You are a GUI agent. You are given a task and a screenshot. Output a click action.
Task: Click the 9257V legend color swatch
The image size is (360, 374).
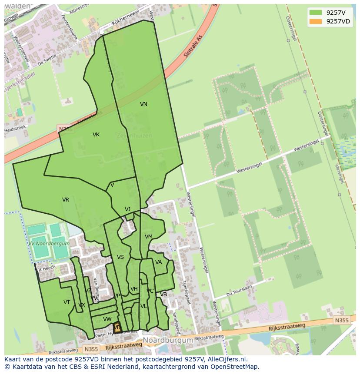click(316, 12)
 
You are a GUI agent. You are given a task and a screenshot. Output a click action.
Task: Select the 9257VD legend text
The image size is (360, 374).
click(338, 21)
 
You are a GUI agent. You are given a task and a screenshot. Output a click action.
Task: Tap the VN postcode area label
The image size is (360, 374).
click(143, 104)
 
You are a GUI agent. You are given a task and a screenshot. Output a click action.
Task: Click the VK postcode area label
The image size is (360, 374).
click(96, 135)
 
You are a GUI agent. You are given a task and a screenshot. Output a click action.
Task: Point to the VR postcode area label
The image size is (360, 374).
click(66, 200)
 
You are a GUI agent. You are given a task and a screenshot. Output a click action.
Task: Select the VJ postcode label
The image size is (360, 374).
click(127, 209)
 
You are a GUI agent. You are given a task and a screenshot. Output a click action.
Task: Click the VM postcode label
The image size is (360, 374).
click(149, 237)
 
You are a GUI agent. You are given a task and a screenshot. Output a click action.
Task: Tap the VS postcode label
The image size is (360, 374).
click(120, 257)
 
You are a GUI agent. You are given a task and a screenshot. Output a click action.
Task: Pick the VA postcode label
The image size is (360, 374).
click(159, 262)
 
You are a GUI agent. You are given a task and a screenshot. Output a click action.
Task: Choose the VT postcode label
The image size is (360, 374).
click(67, 302)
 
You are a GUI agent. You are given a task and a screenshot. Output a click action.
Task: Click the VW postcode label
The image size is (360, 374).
click(107, 319)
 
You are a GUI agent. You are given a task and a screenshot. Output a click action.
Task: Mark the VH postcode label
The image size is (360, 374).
click(134, 289)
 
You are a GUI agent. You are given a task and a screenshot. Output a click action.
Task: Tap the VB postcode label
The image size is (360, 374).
click(163, 295)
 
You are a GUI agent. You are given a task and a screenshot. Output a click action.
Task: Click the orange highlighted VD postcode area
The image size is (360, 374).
click(117, 328)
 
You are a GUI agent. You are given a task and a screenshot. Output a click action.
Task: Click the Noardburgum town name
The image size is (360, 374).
click(168, 340)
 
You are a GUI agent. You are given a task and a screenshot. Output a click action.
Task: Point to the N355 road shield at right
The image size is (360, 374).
click(341, 321)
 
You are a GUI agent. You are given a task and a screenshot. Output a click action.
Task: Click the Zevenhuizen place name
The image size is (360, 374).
click(134, 136)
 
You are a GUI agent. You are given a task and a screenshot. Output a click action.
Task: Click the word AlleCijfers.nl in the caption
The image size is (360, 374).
click(227, 359)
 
